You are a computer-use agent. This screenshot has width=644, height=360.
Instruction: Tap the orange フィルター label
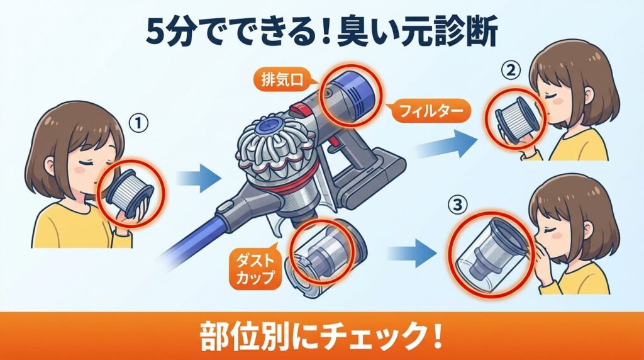tap(429, 111)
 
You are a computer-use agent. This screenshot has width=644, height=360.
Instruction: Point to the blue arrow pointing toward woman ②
tap(447, 143)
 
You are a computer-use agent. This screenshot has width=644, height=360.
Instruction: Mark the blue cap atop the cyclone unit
tap(267, 124)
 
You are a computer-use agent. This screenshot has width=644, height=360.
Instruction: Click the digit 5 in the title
tap(157, 32)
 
